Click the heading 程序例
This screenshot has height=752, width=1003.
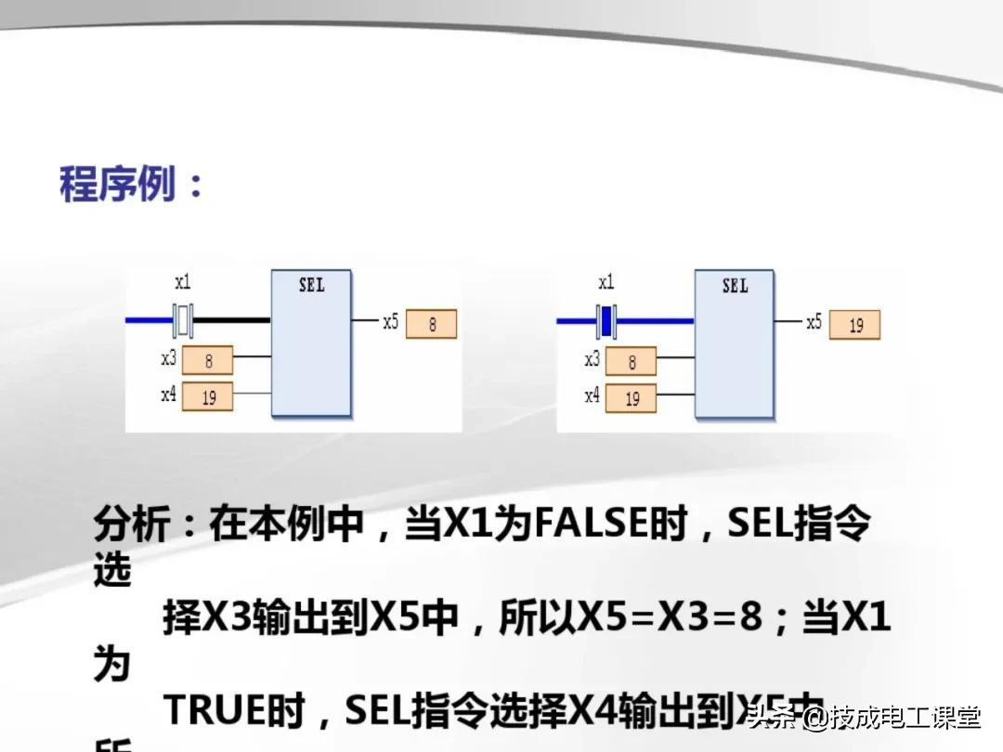tap(118, 185)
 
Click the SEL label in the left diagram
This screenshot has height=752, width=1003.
tap(312, 285)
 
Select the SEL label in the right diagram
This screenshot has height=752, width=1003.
tap(735, 285)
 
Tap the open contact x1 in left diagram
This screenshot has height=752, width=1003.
tap(184, 321)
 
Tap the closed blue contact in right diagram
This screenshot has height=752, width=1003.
tap(606, 321)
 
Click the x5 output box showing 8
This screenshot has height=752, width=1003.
tap(432, 324)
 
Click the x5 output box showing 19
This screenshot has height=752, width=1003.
tap(854, 324)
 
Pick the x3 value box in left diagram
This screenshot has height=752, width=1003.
tap(208, 360)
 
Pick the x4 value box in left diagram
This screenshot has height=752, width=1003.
tap(208, 396)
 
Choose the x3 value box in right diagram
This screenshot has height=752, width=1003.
tap(632, 361)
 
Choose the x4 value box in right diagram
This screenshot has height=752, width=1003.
tap(632, 397)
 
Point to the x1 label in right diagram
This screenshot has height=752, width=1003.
tap(606, 282)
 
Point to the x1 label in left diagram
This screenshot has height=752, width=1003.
tap(183, 282)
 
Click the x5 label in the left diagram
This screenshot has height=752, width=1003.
tap(391, 322)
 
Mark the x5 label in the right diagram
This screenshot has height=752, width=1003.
tap(814, 322)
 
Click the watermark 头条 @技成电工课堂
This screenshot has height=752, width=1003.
tap(864, 718)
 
